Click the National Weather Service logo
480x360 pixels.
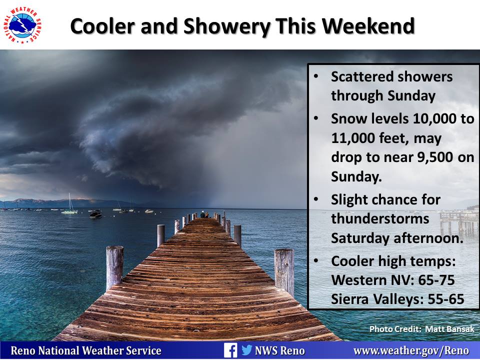coord(22,25)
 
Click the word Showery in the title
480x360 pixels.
coord(226,26)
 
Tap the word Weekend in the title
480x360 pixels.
coord(368,26)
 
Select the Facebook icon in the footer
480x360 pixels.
coord(230,350)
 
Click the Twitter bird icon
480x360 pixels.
coord(246,349)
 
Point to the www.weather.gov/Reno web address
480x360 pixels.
coord(411,350)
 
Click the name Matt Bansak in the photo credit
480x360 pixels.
coord(449,329)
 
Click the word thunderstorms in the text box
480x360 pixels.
coord(380,218)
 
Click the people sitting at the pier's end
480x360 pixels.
coord(205,214)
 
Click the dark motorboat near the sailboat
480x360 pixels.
coord(95,214)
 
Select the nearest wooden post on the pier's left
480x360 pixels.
coord(115,267)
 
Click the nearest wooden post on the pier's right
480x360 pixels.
coord(284,272)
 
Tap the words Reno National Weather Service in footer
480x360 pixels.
coord(86,350)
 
